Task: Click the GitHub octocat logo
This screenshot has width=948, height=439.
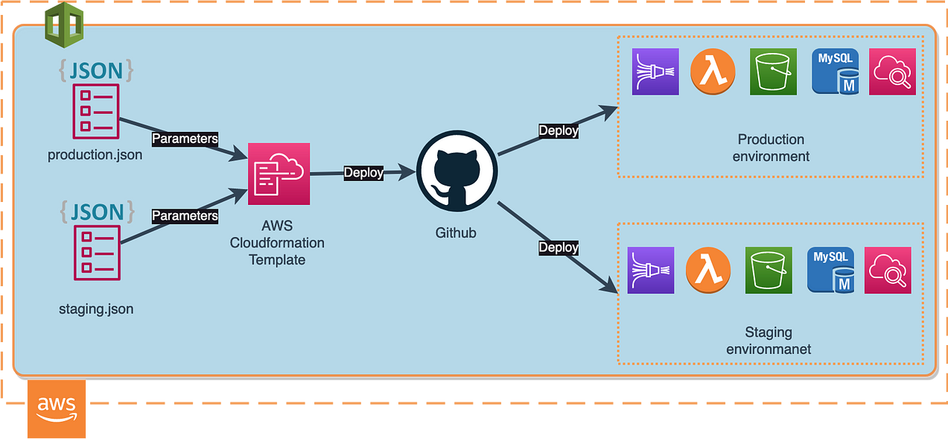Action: pyautogui.click(x=456, y=171)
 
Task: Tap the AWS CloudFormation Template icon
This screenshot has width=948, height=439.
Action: pyautogui.click(x=279, y=174)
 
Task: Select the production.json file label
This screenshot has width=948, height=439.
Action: pyautogui.click(x=95, y=155)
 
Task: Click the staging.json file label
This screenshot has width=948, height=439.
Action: pyautogui.click(x=96, y=309)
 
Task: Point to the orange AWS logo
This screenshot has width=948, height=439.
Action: pyautogui.click(x=57, y=409)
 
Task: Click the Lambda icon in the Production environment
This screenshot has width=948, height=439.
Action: pyautogui.click(x=713, y=72)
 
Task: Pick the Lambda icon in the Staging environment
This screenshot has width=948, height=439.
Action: pyautogui.click(x=708, y=270)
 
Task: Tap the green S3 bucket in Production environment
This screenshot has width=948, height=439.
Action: pyautogui.click(x=773, y=72)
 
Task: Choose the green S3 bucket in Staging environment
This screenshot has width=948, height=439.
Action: pyautogui.click(x=769, y=271)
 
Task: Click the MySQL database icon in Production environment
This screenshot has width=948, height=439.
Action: pyautogui.click(x=836, y=72)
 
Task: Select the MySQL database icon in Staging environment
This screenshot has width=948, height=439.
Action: pyautogui.click(x=831, y=271)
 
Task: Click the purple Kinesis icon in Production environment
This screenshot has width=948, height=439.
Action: pyautogui.click(x=655, y=72)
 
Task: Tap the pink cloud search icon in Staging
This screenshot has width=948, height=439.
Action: pyautogui.click(x=888, y=271)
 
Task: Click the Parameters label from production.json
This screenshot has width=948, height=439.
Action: pyautogui.click(x=185, y=139)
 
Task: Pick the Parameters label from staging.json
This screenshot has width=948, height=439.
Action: pyautogui.click(x=185, y=215)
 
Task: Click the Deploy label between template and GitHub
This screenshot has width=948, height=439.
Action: pyautogui.click(x=363, y=172)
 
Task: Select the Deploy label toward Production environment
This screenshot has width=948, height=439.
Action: pyautogui.click(x=559, y=130)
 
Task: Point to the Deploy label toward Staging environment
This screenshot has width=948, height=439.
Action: pyautogui.click(x=559, y=247)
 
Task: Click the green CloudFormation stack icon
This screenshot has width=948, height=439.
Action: pyautogui.click(x=64, y=25)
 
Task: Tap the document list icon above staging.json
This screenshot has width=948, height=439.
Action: pyautogui.click(x=97, y=253)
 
